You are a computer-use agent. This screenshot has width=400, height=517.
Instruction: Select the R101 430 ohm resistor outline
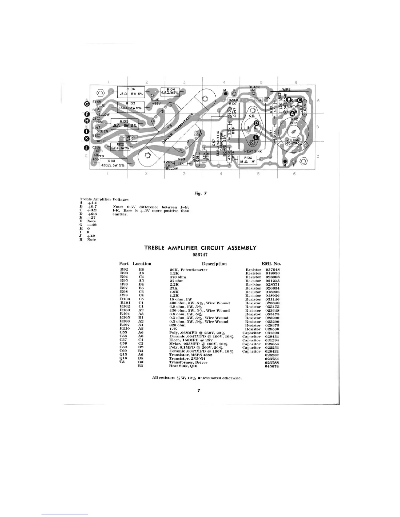[112, 163]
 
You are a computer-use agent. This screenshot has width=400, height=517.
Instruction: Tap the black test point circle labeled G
[87, 103]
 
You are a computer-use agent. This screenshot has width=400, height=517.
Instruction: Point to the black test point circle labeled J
[87, 148]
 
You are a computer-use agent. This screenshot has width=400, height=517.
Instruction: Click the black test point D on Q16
[257, 123]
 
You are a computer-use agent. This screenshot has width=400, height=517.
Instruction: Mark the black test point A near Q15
[293, 113]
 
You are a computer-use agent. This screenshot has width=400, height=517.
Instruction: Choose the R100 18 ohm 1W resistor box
[248, 160]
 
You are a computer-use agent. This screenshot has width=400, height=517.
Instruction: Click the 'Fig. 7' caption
[200, 193]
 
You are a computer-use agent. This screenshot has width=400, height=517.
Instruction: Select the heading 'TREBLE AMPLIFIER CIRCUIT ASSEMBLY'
[200, 248]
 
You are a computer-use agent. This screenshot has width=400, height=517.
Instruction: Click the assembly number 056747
[200, 255]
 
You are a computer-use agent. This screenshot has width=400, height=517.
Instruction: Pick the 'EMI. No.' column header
[271, 264]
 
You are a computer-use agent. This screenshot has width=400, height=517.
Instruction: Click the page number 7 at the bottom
[198, 390]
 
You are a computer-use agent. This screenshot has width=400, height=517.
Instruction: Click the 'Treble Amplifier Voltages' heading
[104, 199]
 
